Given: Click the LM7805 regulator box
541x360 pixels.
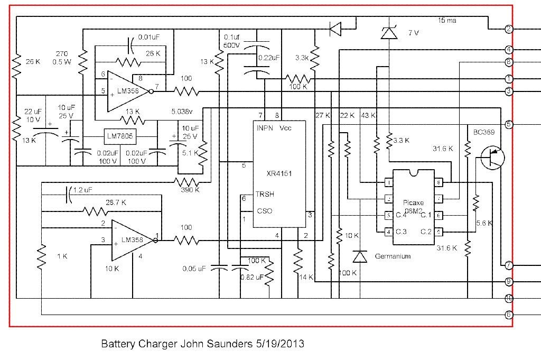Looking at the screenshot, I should click(119, 137).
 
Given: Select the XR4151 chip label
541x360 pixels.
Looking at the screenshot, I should click(279, 173).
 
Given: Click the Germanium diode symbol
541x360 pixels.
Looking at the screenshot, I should click(360, 256).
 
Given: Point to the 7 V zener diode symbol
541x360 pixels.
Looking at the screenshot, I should click(389, 33).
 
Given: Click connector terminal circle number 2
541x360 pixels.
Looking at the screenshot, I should click(509, 29).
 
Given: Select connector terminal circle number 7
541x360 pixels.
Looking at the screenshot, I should click(509, 265).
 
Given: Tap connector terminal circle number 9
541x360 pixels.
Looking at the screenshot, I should click(509, 281).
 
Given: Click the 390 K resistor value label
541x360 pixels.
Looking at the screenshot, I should click(189, 190).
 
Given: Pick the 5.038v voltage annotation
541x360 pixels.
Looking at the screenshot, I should click(183, 112).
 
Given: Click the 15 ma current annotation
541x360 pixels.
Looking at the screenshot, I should click(447, 21).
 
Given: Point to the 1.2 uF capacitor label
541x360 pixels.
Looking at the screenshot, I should click(83, 189).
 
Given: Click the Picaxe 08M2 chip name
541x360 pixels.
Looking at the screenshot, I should click(414, 206).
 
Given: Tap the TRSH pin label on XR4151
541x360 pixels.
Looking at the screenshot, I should click(266, 194).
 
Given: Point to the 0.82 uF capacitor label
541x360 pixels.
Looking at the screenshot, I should click(251, 277).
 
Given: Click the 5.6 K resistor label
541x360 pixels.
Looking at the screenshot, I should click(484, 223).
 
